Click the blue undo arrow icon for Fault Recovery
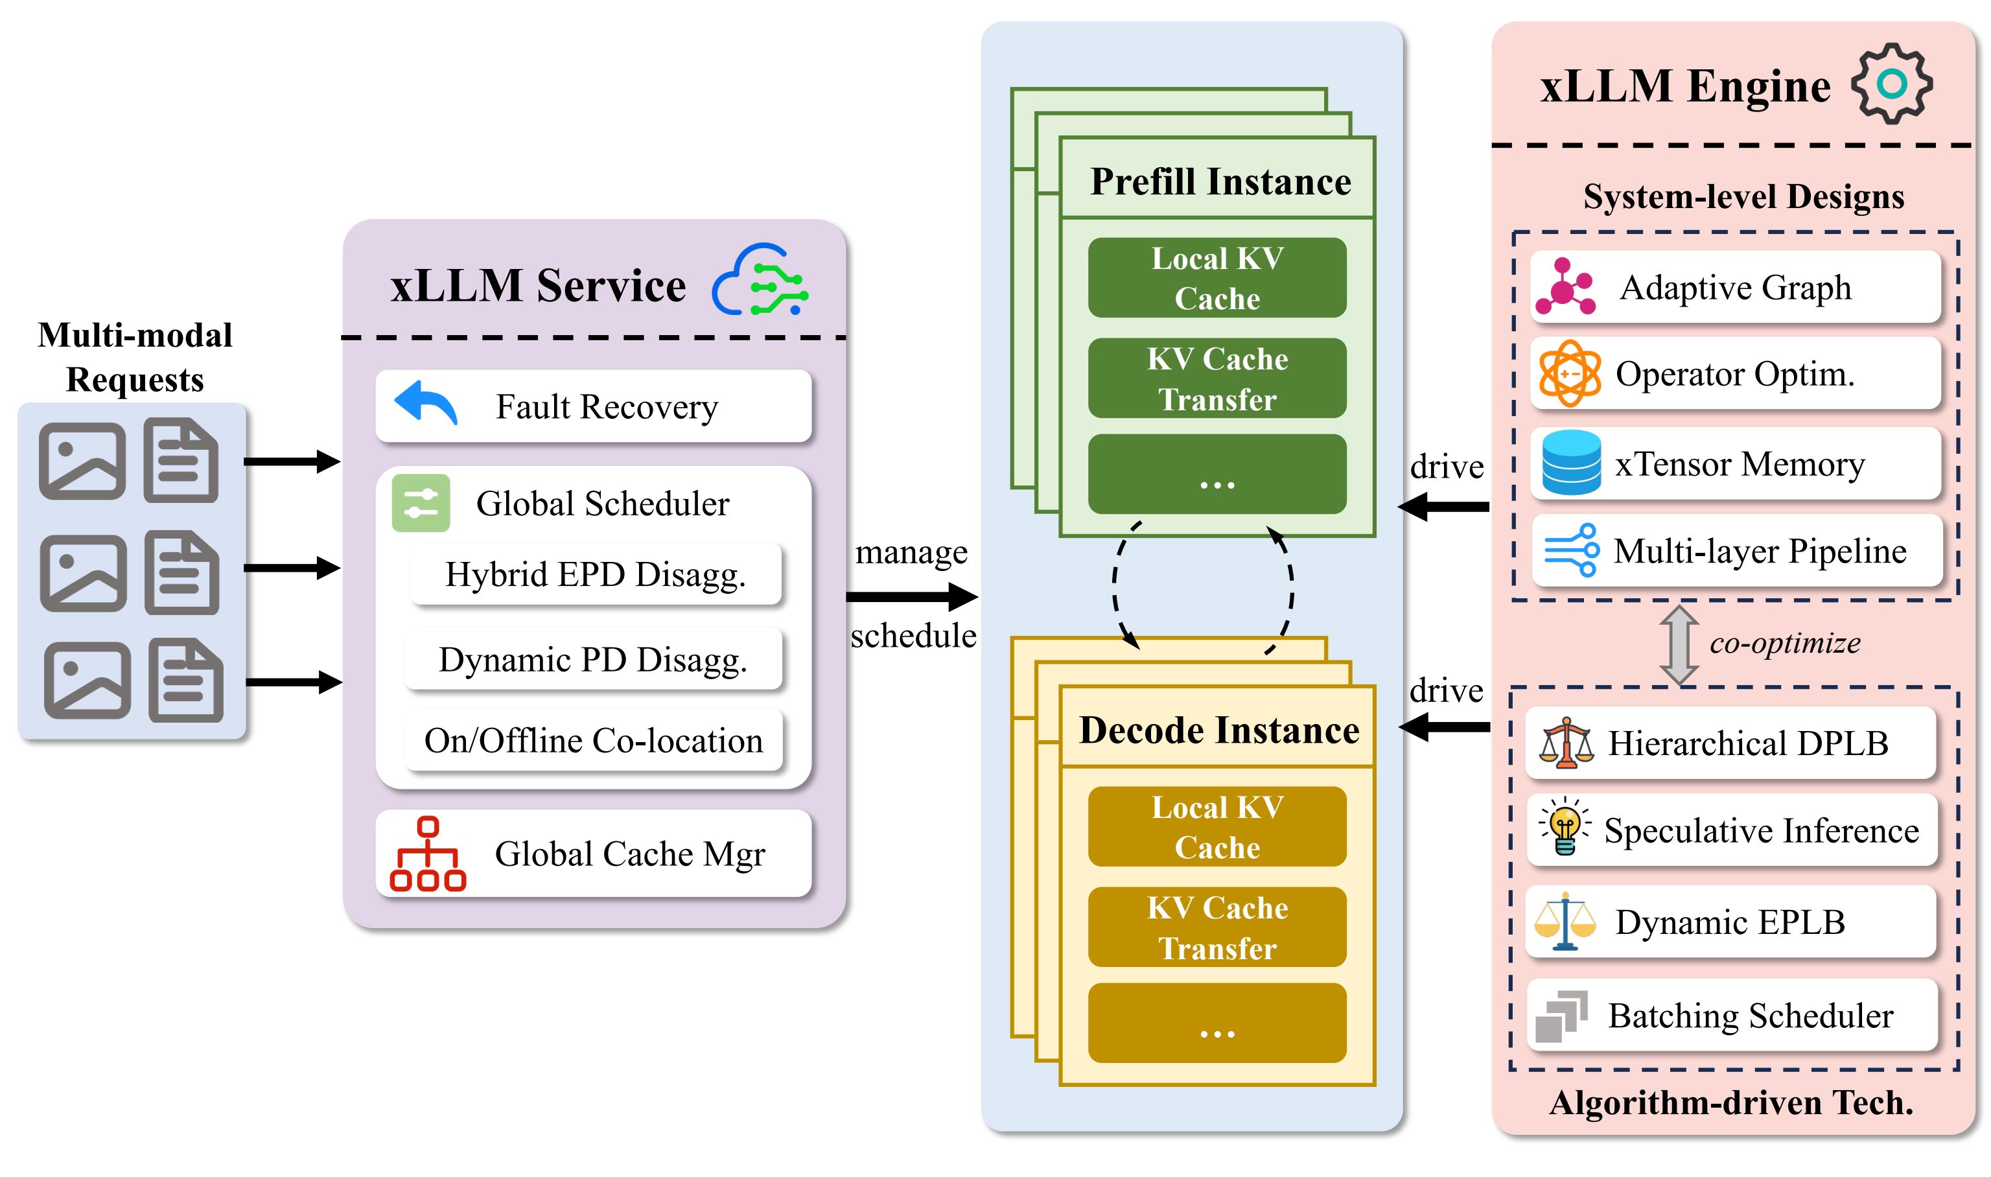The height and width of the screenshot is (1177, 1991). tap(425, 403)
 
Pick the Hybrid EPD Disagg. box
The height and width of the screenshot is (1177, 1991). tap(596, 574)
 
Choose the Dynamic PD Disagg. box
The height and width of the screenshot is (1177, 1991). tap(593, 659)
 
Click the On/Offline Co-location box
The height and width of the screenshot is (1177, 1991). tap(593, 741)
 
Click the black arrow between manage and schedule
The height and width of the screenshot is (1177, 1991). tap(912, 596)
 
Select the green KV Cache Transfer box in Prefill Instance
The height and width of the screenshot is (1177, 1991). tap(1217, 379)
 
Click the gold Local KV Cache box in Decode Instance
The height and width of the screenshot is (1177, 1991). tap(1217, 826)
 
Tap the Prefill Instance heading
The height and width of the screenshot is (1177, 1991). tap(1220, 181)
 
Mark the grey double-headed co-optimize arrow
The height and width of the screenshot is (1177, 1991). tap(1678, 645)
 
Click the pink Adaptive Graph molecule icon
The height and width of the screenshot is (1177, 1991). tap(1565, 287)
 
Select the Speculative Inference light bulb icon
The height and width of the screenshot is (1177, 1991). tap(1565, 829)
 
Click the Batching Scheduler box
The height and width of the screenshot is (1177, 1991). tap(1732, 1014)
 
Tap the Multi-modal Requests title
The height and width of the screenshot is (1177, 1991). tap(135, 357)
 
